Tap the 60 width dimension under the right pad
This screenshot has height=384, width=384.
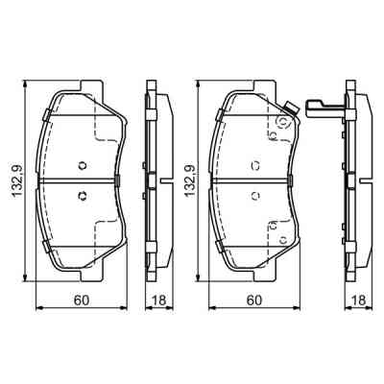coord(253,300)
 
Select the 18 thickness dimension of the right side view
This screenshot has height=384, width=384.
coord(356,300)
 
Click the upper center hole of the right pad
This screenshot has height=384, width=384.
coord(254,162)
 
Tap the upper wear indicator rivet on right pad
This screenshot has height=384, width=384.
coord(280,122)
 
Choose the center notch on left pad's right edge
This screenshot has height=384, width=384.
coord(116,181)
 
